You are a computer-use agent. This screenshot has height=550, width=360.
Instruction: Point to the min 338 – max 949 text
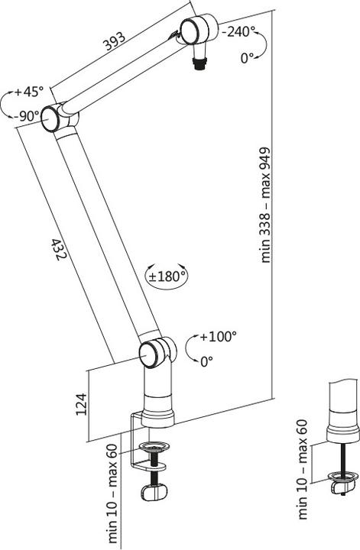[267, 205]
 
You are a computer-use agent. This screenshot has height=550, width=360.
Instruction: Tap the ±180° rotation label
[167, 276]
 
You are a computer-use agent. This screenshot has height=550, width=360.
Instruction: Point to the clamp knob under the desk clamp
[157, 493]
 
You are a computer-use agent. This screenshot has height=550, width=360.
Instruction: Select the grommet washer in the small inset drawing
[342, 480]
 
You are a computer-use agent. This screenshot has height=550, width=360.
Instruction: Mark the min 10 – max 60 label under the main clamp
[112, 497]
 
